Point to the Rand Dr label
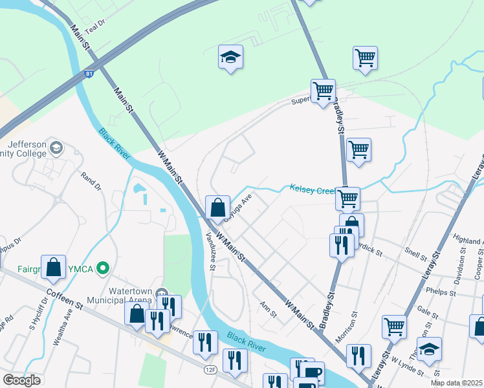click(91, 181)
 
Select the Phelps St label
click(441, 291)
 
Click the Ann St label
click(268, 310)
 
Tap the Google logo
click(22, 380)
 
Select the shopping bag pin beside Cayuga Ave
click(218, 208)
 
